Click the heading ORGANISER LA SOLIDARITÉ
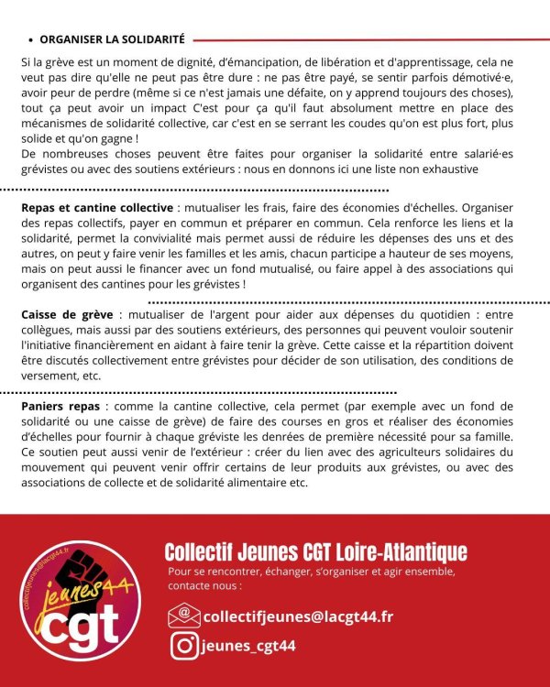[112, 39]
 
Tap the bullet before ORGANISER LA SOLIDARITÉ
[31, 40]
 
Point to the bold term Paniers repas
[61, 406]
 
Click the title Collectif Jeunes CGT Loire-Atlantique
[315, 552]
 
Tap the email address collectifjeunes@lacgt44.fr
[298, 616]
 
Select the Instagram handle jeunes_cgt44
[248, 646]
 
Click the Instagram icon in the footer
[183, 646]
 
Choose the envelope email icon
[183, 616]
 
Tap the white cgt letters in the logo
[81, 626]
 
